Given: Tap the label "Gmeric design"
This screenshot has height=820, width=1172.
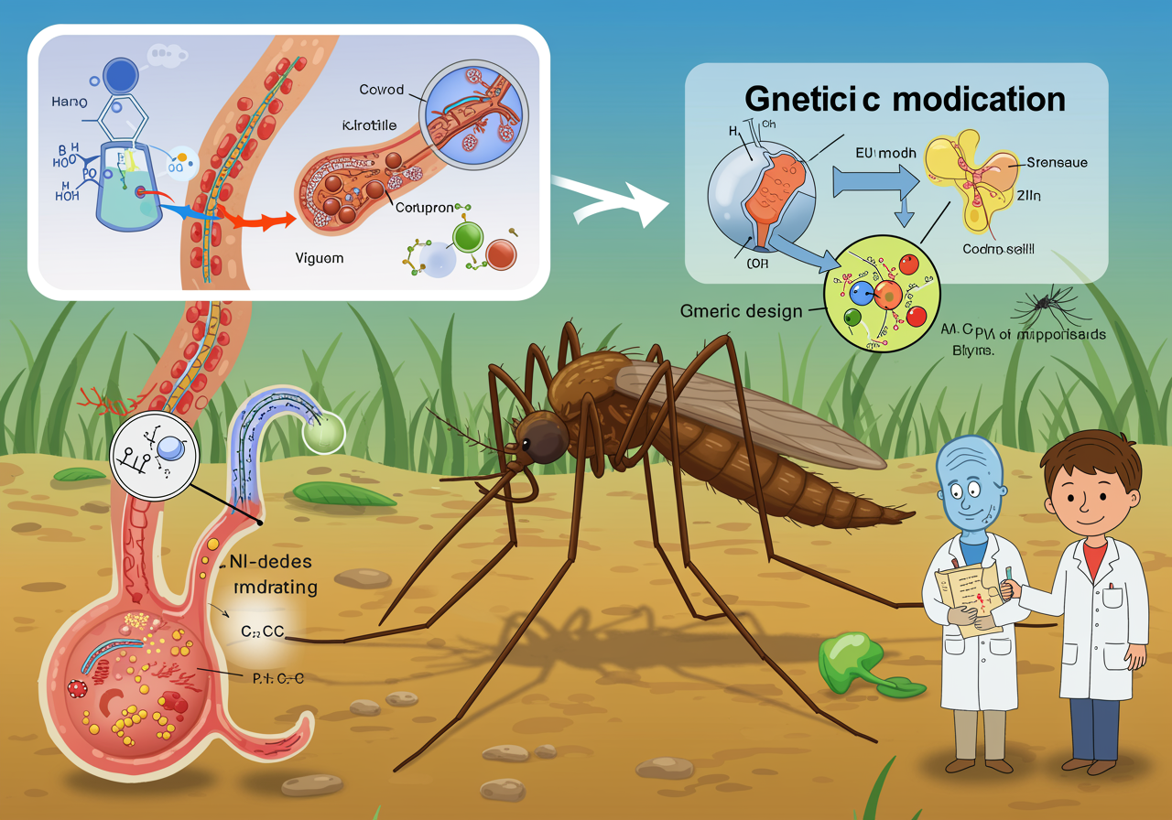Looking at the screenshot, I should click(x=742, y=311).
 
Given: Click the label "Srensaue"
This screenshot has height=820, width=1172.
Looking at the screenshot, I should click(x=1058, y=162).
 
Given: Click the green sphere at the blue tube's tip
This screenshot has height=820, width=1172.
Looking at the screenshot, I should click(x=321, y=430).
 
